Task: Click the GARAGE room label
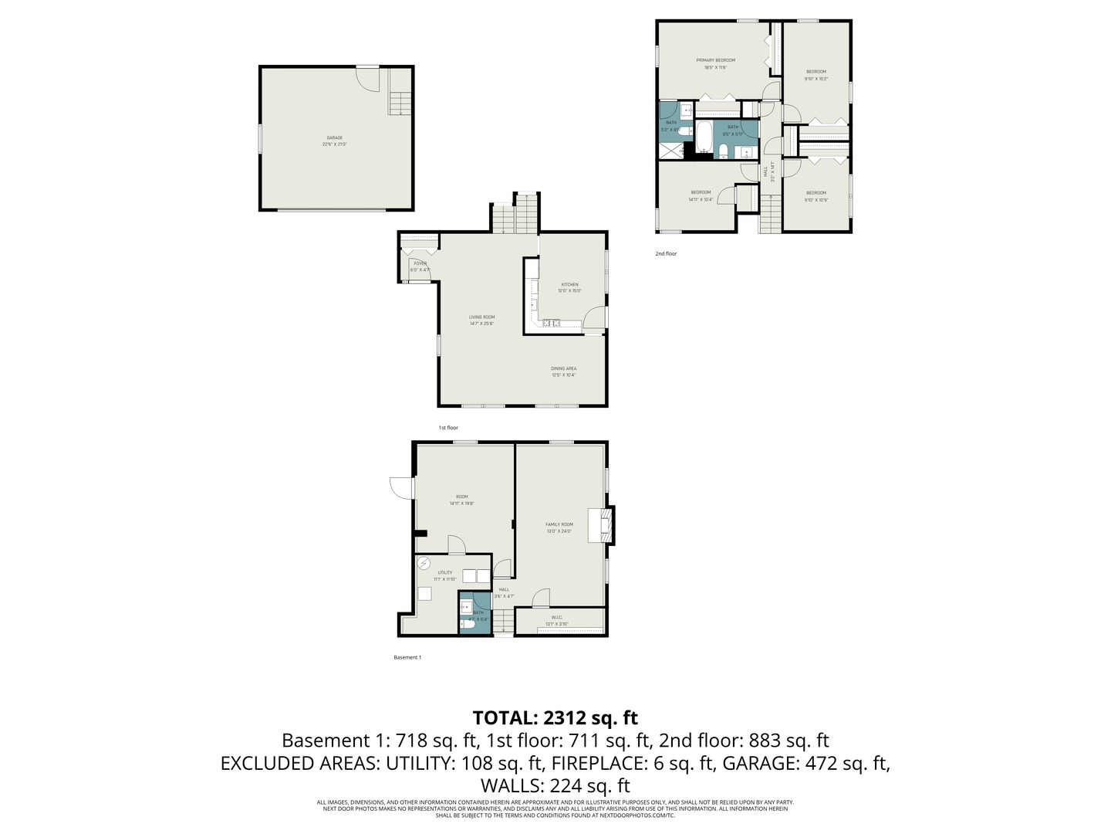334,138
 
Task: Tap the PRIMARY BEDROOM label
715,60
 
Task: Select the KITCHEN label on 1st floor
569,285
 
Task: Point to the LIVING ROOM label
481,317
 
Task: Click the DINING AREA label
563,369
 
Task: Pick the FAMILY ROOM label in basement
559,525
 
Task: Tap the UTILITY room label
444,573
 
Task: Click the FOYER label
420,263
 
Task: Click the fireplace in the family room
602,525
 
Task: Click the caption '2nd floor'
666,253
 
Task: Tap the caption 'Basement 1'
407,657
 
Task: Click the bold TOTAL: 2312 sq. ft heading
555,717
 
